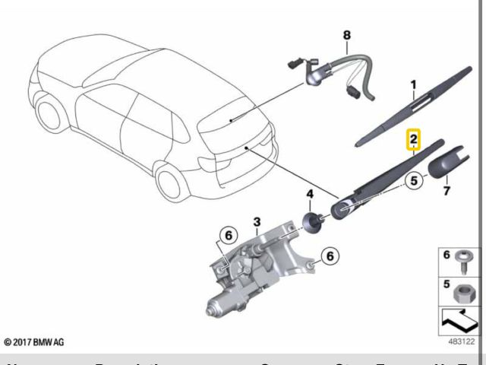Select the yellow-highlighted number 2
click(413, 139)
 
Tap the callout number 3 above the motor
click(257, 222)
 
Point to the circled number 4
click(310, 195)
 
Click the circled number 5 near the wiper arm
click(413, 182)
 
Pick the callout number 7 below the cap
click(447, 190)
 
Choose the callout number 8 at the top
click(347, 34)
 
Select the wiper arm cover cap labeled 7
click(443, 163)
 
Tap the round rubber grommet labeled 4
click(311, 221)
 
